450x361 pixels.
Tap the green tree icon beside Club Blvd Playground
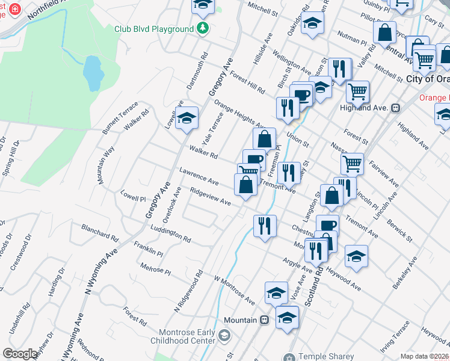[x=203, y=28]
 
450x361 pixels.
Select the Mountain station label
[x=241, y=320]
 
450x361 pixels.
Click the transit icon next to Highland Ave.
[x=396, y=108]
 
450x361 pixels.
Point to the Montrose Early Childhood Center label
[x=186, y=336]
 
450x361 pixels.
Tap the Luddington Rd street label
[x=171, y=234]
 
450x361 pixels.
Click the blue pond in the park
[x=91, y=71]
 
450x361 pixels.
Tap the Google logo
[x=20, y=354]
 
